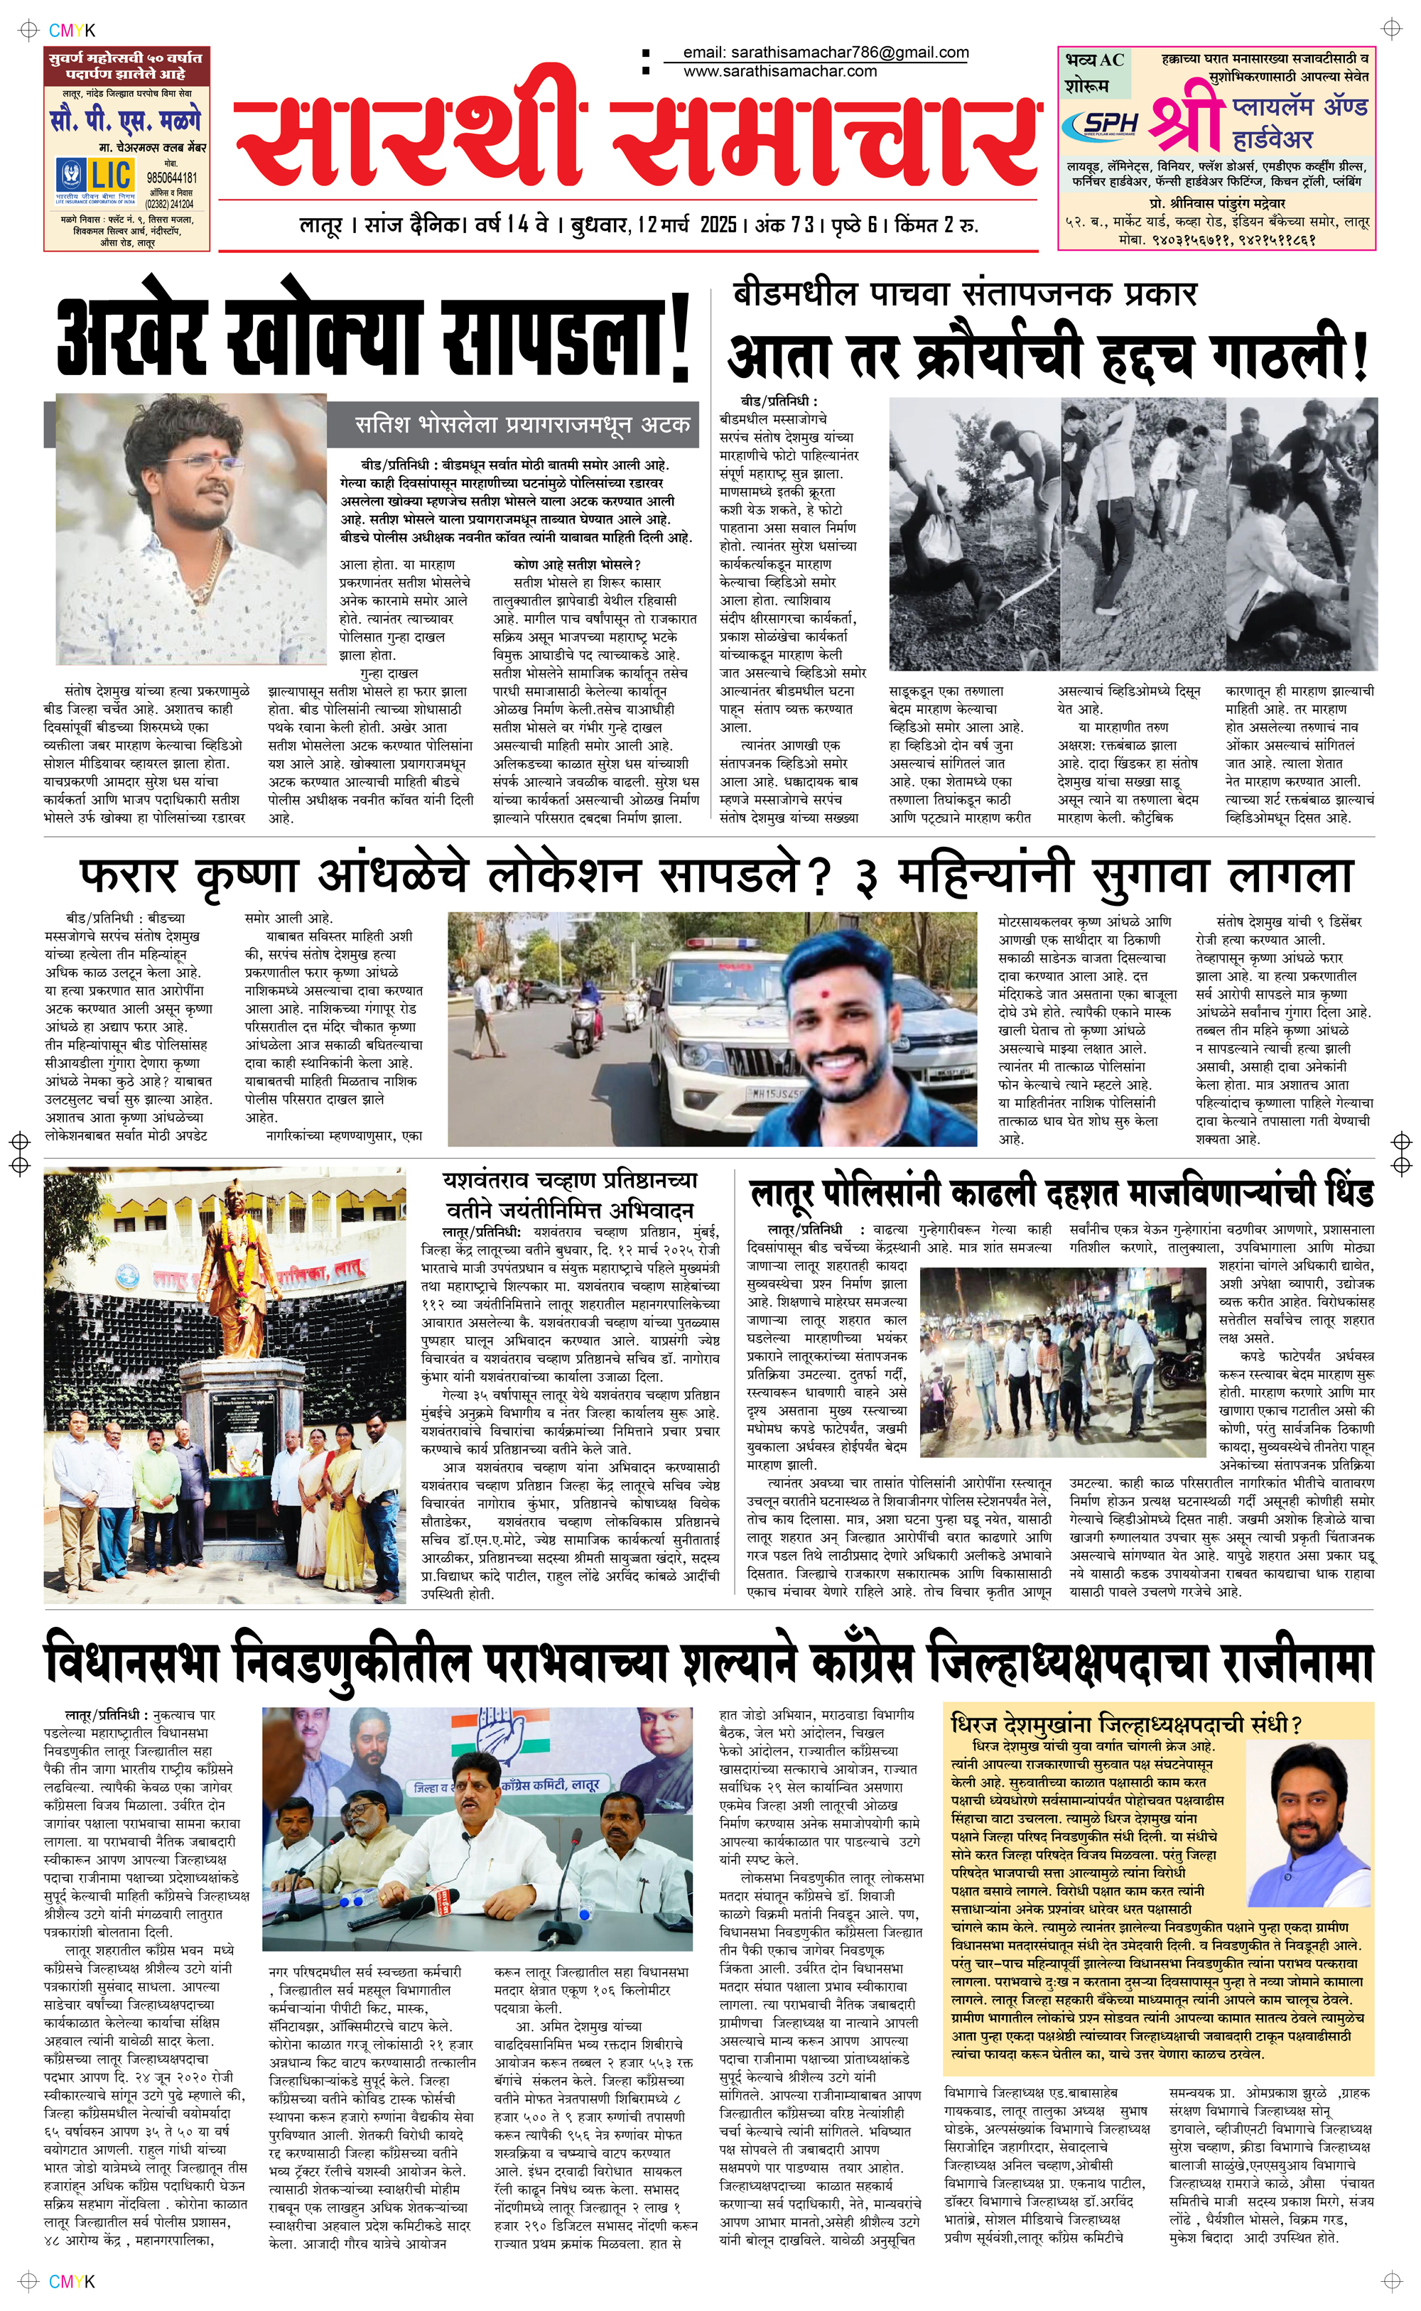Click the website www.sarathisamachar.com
[780, 70]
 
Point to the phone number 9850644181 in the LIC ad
[171, 178]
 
